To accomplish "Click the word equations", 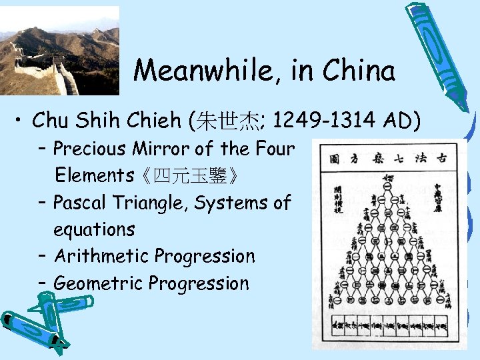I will (94, 229).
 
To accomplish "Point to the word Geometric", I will (98, 283).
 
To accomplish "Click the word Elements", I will (94, 176).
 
